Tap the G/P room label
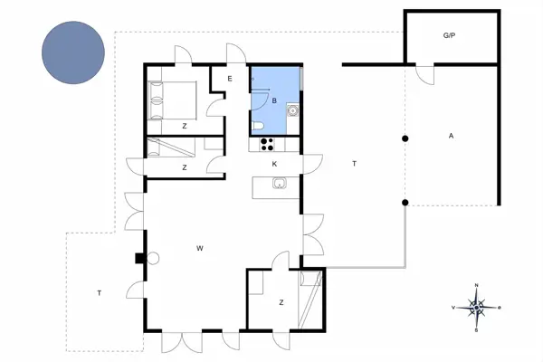coord(448,36)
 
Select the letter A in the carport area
coord(450,136)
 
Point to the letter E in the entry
coord(230,80)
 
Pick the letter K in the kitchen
coord(273,164)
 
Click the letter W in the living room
coord(198,246)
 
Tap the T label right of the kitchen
coord(354,163)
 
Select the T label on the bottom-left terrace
coord(98,292)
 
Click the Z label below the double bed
coord(184,125)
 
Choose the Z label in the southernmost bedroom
coord(281,302)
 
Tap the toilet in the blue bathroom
coord(258,125)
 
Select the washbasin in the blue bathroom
coord(293,111)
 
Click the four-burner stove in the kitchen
coord(267,142)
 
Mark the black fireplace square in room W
coord(139,257)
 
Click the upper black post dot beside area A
coord(405,138)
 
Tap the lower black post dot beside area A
coord(405,201)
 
